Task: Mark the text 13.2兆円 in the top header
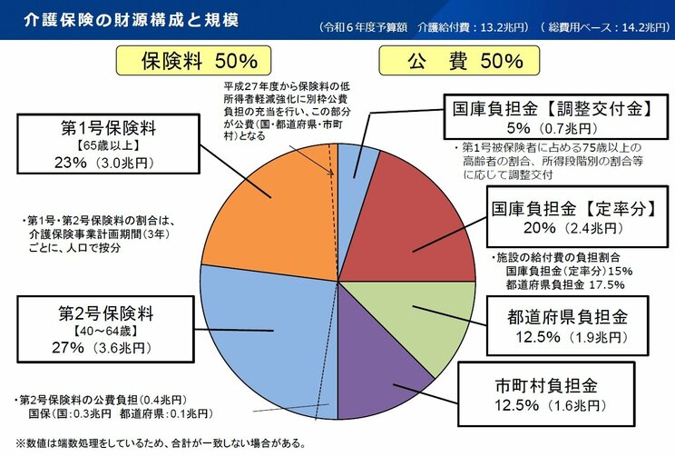coord(504,27)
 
